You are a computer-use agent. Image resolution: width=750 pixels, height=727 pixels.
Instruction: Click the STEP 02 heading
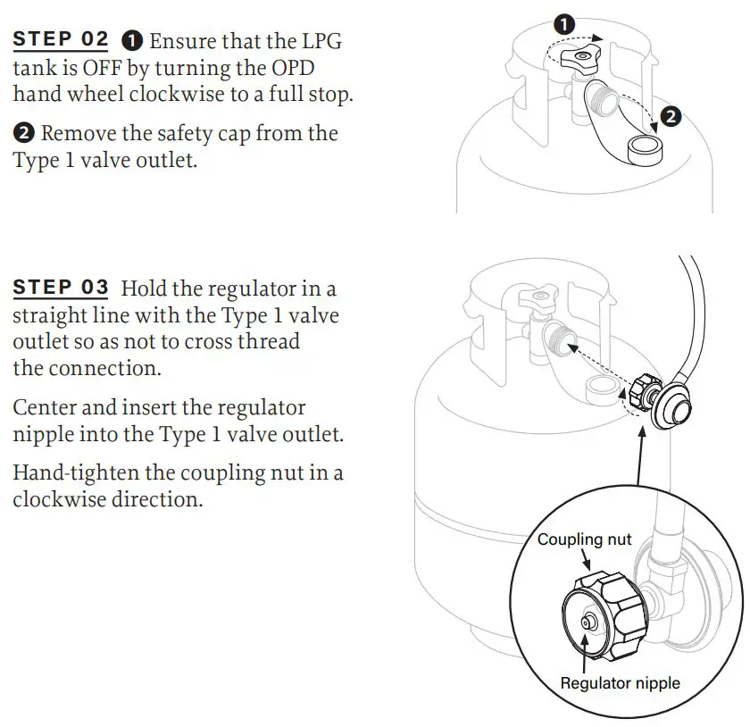click(x=61, y=39)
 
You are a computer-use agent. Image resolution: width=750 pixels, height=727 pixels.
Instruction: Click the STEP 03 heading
click(x=61, y=288)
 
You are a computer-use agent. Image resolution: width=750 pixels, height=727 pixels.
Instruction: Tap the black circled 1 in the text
click(x=132, y=40)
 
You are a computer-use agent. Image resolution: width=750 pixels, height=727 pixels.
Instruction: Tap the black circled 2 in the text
click(x=24, y=134)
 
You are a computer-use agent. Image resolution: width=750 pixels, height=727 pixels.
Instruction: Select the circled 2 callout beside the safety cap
click(x=671, y=115)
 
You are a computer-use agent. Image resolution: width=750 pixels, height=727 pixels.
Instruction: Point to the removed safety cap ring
click(x=646, y=147)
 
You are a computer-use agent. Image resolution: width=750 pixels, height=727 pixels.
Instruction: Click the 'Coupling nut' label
click(x=584, y=539)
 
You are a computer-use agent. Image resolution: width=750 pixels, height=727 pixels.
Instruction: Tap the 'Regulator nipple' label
click(x=620, y=683)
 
